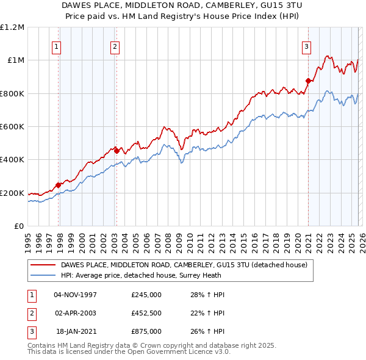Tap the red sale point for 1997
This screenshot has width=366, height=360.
(59, 185)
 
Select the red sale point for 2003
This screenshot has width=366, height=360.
(116, 149)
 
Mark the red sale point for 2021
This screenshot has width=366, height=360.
(309, 80)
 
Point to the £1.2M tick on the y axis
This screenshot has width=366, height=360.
(13, 27)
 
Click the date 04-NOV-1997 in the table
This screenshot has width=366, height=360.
(76, 295)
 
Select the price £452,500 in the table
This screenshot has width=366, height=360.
(146, 313)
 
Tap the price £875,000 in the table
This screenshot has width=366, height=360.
(146, 331)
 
